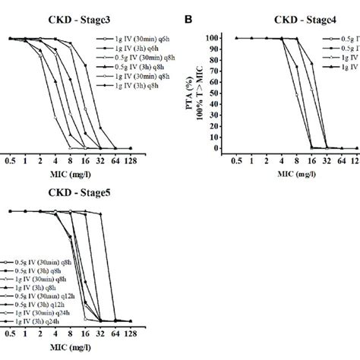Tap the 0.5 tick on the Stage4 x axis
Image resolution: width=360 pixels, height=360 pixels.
(237, 160)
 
